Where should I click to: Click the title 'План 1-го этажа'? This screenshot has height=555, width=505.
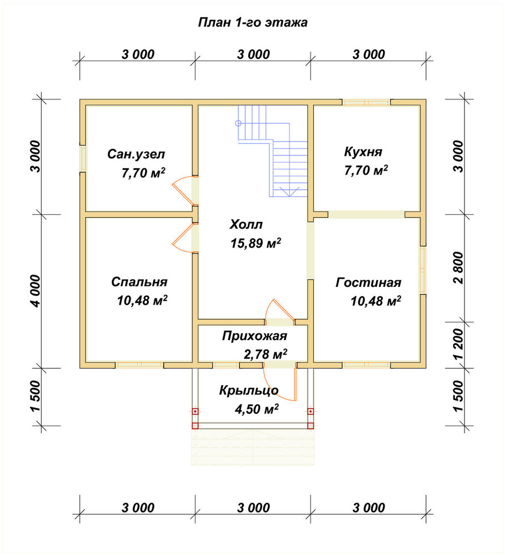point(253,22)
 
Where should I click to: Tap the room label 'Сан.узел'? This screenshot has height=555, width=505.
point(136,154)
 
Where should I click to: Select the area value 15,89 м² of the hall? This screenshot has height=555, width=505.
point(256,243)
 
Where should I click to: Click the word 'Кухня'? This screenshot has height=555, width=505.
point(363,152)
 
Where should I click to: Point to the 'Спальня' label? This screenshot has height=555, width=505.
point(139,282)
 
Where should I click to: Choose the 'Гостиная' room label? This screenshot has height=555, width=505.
point(368,282)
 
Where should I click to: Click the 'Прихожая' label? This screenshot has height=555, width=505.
point(254,336)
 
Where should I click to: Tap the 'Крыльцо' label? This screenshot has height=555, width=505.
point(249,390)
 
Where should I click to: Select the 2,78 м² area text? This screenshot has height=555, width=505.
point(266,354)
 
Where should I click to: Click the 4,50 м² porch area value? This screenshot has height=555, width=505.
point(257,409)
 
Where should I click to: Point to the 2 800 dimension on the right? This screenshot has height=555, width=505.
point(458,268)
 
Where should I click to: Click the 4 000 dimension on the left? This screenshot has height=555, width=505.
point(36,291)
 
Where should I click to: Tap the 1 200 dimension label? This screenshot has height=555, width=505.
point(458,345)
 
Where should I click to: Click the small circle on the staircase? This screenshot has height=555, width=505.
point(238,123)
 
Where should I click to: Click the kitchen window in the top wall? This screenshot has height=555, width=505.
point(367,102)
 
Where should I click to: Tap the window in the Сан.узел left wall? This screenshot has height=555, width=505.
point(83,159)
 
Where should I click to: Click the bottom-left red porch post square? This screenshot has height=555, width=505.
point(195,426)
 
